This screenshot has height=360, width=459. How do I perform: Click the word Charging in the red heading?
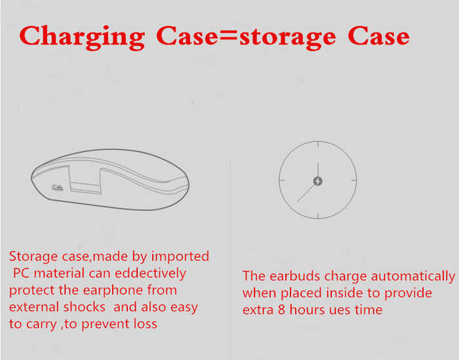[x=82, y=37]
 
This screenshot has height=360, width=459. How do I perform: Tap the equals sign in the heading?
[x=229, y=36]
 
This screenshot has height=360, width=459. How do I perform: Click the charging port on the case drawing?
[x=58, y=188]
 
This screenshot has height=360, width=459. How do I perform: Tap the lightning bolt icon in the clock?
[x=318, y=181]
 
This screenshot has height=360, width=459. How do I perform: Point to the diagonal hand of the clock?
[x=307, y=192]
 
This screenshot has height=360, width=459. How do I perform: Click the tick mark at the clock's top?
[x=318, y=144]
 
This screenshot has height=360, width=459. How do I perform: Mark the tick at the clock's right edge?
[x=353, y=180]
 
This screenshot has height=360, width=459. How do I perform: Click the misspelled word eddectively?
[x=151, y=273]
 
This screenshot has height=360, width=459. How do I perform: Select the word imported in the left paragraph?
[x=180, y=257]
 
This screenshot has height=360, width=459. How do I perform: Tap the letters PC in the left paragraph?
[x=22, y=273]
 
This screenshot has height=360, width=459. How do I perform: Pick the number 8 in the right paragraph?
[x=281, y=310]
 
